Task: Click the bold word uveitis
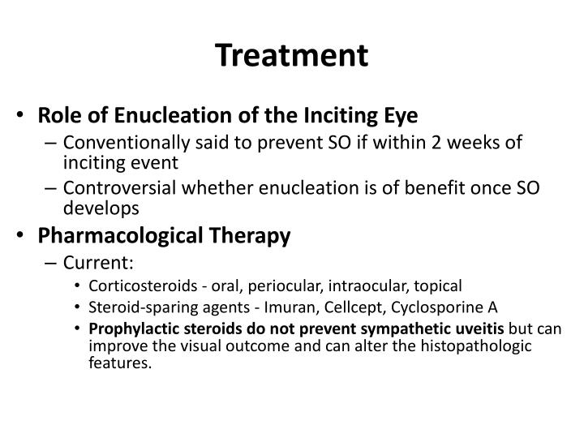coord(477,329)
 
